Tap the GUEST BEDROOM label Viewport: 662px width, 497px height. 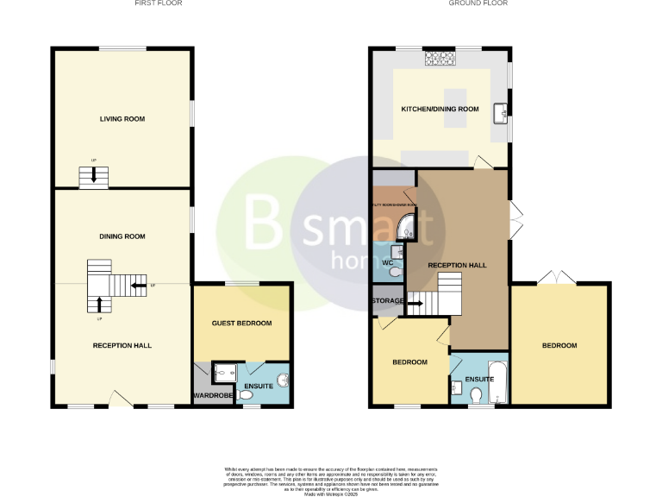[x=242, y=324]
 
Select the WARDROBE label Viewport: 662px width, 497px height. [x=209, y=396]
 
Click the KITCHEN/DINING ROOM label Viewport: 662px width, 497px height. [x=440, y=110]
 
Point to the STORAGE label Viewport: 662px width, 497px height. [x=388, y=300]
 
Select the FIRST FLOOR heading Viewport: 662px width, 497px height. [x=158, y=3]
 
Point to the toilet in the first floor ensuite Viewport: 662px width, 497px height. [x=246, y=395]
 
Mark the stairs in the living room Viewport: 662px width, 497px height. [x=93, y=177]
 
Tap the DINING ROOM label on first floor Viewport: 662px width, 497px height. [x=122, y=236]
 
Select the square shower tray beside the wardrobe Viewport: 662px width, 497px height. [x=222, y=373]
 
